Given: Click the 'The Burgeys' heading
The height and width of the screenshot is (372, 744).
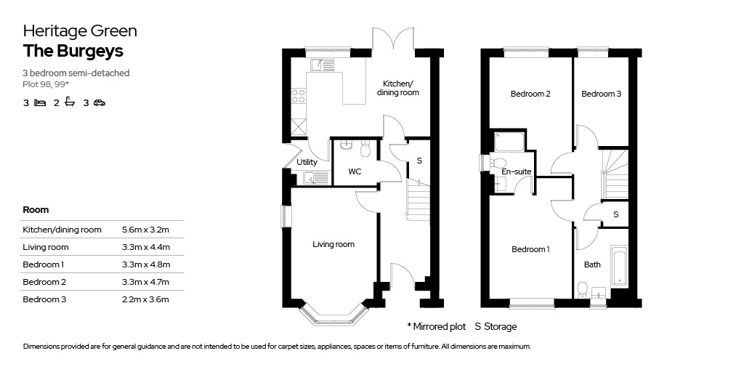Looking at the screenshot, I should tap(73, 51).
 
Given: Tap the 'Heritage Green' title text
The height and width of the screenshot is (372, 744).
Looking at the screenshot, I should tap(80, 31).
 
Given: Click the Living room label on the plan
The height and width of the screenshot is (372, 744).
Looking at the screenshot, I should tap(333, 244).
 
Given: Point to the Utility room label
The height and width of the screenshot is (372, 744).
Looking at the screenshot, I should tap(307, 163).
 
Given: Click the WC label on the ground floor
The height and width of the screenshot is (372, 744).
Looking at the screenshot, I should tap(355, 172).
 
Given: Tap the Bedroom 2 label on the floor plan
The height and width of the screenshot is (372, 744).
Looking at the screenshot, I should tap(530, 94).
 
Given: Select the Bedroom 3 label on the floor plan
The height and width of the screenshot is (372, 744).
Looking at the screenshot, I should tap(601, 94).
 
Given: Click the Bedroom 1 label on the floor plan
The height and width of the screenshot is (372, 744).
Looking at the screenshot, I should tap(530, 249).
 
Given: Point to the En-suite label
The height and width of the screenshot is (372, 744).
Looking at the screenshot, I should tap(517, 172).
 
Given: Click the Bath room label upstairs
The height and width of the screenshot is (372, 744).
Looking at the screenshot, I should tap(592, 264).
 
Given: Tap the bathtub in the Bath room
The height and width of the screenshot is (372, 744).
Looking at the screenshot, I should tap(619, 266).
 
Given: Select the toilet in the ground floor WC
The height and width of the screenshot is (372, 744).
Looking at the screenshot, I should tap(365, 150).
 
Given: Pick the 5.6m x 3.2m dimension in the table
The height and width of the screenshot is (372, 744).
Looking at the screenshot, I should tap(145, 230).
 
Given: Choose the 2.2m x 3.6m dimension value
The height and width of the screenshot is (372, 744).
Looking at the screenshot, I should tap(145, 299).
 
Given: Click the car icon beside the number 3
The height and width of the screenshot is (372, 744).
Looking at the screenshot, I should tap(99, 103).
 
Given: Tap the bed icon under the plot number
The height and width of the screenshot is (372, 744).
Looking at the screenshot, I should tap(40, 103).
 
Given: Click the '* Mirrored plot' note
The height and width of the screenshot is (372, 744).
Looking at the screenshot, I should tap(436, 326).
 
